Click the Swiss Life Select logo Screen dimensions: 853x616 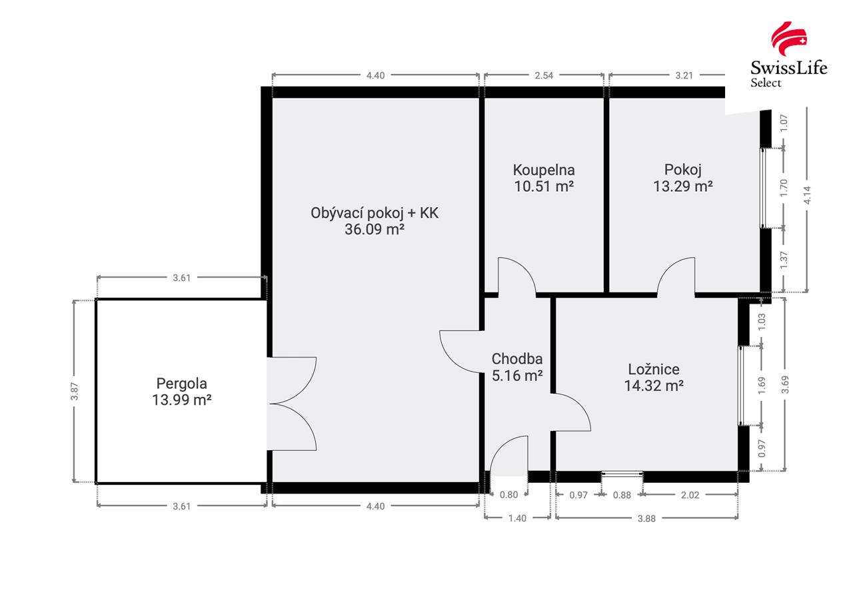788,55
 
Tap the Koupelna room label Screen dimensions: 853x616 544,170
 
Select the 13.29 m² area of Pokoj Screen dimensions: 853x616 683,186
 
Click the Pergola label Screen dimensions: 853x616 182,384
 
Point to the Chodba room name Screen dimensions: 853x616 517,359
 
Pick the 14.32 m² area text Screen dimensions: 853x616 654,386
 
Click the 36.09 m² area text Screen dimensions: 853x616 375,230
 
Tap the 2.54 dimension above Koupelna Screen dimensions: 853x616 544,75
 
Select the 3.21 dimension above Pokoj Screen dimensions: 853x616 684,75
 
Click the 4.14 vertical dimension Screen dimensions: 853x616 807,195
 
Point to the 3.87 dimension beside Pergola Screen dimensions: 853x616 75,391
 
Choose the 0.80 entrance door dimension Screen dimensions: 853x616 508,495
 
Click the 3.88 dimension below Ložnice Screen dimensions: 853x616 646,519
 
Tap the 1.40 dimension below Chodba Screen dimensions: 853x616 518,519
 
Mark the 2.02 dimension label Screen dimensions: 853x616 690,495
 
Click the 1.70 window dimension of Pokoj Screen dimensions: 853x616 784,188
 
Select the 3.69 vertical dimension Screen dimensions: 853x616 785,385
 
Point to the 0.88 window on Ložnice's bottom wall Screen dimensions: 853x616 622,473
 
